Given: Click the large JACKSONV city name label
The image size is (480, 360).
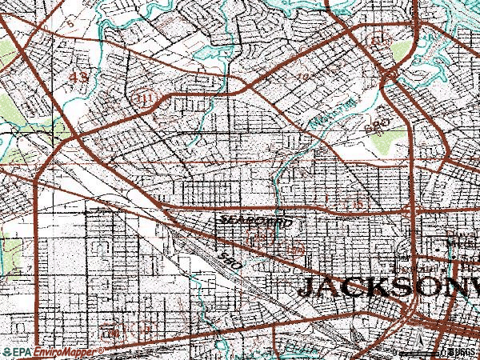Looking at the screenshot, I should click(x=388, y=287).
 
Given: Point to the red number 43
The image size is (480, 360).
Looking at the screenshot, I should click(x=79, y=78).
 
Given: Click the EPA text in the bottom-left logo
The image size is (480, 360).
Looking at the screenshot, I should click(x=22, y=352).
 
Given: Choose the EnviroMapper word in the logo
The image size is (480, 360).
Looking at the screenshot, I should click(x=66, y=352).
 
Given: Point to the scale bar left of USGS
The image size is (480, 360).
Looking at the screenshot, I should click(x=419, y=353).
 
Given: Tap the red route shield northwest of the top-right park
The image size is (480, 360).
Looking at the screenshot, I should click(x=377, y=38).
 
